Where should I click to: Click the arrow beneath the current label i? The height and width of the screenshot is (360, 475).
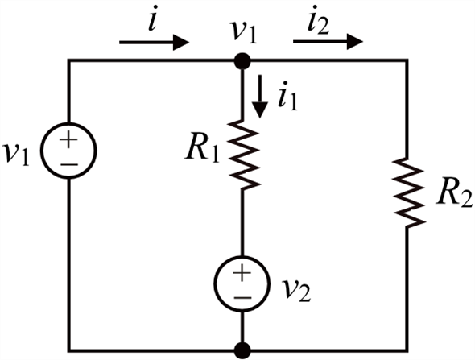[x=154, y=43]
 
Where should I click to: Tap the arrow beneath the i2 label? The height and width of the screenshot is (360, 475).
[x=328, y=42]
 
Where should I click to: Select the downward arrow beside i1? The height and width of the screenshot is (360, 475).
[x=260, y=97]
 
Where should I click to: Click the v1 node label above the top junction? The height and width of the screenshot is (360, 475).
[x=243, y=32]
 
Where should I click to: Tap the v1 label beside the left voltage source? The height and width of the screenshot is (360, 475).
[x=16, y=155]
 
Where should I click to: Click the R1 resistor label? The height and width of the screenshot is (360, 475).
[x=202, y=150]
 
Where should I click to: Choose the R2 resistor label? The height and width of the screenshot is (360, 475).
[x=454, y=196]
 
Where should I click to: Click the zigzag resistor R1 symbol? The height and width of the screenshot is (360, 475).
[x=242, y=155]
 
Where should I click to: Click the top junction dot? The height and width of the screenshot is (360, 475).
[x=242, y=61]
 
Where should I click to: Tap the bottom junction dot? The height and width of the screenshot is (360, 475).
[x=242, y=350]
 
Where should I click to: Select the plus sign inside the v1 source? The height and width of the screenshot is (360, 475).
[x=68, y=140]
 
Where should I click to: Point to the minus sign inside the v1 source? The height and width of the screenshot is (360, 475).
[x=69, y=164]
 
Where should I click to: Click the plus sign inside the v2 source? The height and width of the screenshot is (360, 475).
[x=242, y=273]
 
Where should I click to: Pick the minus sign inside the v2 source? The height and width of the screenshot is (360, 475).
[x=242, y=298]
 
